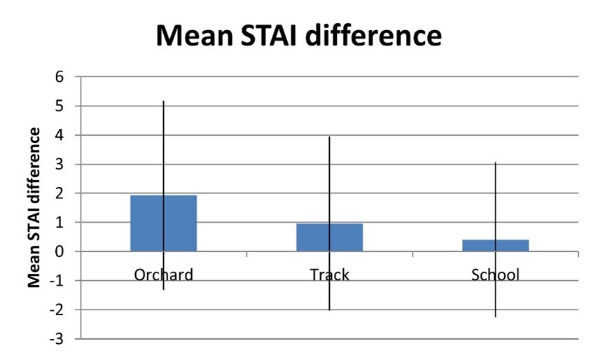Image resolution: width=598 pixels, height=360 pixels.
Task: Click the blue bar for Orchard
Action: click(164, 223)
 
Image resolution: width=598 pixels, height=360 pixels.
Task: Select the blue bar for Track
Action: click(330, 237)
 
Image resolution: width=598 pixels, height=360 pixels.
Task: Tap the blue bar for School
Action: click(495, 246)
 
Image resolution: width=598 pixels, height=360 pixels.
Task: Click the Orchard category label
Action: click(164, 275)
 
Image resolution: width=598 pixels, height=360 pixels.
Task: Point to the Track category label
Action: click(330, 275)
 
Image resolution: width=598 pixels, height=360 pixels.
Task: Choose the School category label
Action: click(495, 275)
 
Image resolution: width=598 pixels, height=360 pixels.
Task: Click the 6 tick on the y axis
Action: click(59, 77)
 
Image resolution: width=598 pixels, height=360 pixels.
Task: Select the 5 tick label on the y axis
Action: click(59, 106)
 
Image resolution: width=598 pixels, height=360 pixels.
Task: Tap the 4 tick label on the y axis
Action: click(59, 135)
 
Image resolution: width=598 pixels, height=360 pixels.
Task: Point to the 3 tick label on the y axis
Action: click(59, 165)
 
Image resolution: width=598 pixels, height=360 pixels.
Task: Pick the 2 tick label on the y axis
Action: click(59, 193)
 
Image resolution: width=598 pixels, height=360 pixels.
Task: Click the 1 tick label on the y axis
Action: click(59, 222)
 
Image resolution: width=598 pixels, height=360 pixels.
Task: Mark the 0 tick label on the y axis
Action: click(59, 251)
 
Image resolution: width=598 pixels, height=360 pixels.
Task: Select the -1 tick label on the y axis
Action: click(57, 281)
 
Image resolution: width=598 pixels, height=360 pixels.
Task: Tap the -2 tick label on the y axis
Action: click(57, 310)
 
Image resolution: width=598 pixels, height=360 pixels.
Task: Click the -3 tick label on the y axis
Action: click(57, 339)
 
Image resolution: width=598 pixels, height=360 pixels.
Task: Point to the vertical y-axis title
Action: click(34, 208)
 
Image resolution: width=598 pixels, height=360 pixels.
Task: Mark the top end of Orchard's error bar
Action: click(164, 101)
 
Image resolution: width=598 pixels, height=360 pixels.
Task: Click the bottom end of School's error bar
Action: click(495, 317)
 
